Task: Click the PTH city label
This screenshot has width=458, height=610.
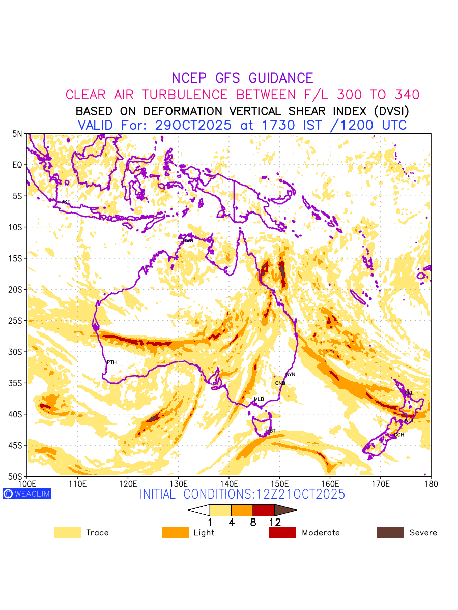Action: [x=111, y=362]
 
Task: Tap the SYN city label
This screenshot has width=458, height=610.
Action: [x=291, y=375]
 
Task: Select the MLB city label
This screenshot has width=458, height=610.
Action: [x=259, y=399]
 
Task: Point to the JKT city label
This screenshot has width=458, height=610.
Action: [x=66, y=202]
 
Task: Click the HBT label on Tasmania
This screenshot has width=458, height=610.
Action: [x=271, y=431]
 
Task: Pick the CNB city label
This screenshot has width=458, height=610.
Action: [x=280, y=383]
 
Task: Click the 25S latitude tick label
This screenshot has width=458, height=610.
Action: [x=17, y=321]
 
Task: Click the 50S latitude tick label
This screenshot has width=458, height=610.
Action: [x=17, y=477]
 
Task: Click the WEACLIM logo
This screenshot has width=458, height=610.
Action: [x=27, y=493]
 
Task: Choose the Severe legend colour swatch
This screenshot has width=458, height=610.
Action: [x=390, y=532]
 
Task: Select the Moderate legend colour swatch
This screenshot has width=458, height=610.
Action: [x=282, y=532]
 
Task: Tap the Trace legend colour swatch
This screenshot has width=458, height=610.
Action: [x=67, y=532]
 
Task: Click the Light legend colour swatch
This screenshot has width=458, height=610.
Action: [x=175, y=532]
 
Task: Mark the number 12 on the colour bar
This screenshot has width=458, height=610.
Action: [x=275, y=522]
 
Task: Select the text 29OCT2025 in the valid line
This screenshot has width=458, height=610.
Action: [x=202, y=125]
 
